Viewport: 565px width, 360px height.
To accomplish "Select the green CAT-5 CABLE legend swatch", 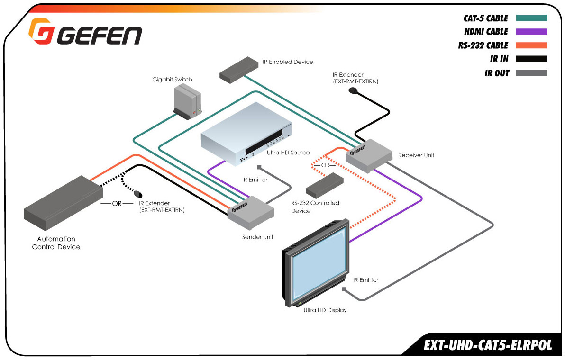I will tap(531, 18).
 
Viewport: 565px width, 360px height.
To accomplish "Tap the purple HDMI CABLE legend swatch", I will tap(531, 32).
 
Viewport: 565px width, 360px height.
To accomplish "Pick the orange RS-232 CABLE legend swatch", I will tap(531, 45).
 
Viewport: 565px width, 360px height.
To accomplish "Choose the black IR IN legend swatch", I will tap(531, 59).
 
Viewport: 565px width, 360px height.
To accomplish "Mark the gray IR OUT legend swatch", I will tap(531, 73).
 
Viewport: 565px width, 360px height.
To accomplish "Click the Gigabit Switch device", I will tap(186, 102).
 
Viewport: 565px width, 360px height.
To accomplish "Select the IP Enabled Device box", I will tap(236, 69).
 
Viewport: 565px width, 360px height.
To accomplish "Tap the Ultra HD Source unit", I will tap(246, 135).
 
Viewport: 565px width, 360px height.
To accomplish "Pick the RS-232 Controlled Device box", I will tap(325, 184).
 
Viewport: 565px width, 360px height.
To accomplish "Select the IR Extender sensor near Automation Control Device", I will tap(138, 194).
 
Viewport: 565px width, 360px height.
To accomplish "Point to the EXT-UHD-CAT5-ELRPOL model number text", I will tap(488, 345).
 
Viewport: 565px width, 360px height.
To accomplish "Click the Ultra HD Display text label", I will tap(325, 310).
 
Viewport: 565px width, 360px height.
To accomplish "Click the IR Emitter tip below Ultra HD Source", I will tap(259, 167).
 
